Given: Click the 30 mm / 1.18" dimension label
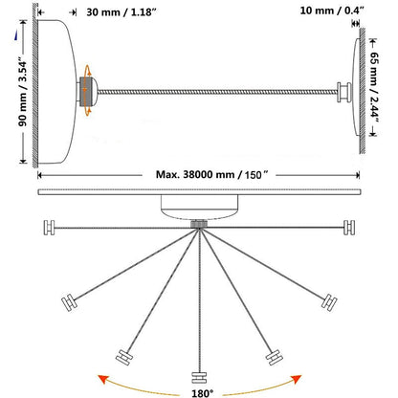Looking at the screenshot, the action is [x=122, y=12].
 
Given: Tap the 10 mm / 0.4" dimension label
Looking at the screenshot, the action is [x=332, y=11].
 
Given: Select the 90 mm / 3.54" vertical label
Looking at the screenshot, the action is [x=23, y=92].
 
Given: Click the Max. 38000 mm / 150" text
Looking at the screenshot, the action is [x=211, y=175].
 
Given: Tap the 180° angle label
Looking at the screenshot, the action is [x=202, y=393].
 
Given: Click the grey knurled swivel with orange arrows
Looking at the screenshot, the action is [x=88, y=92].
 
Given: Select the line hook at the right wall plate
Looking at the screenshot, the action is [x=344, y=92].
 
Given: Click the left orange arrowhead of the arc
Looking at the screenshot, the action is [x=102, y=380].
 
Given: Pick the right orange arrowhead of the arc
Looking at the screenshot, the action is [x=297, y=379].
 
